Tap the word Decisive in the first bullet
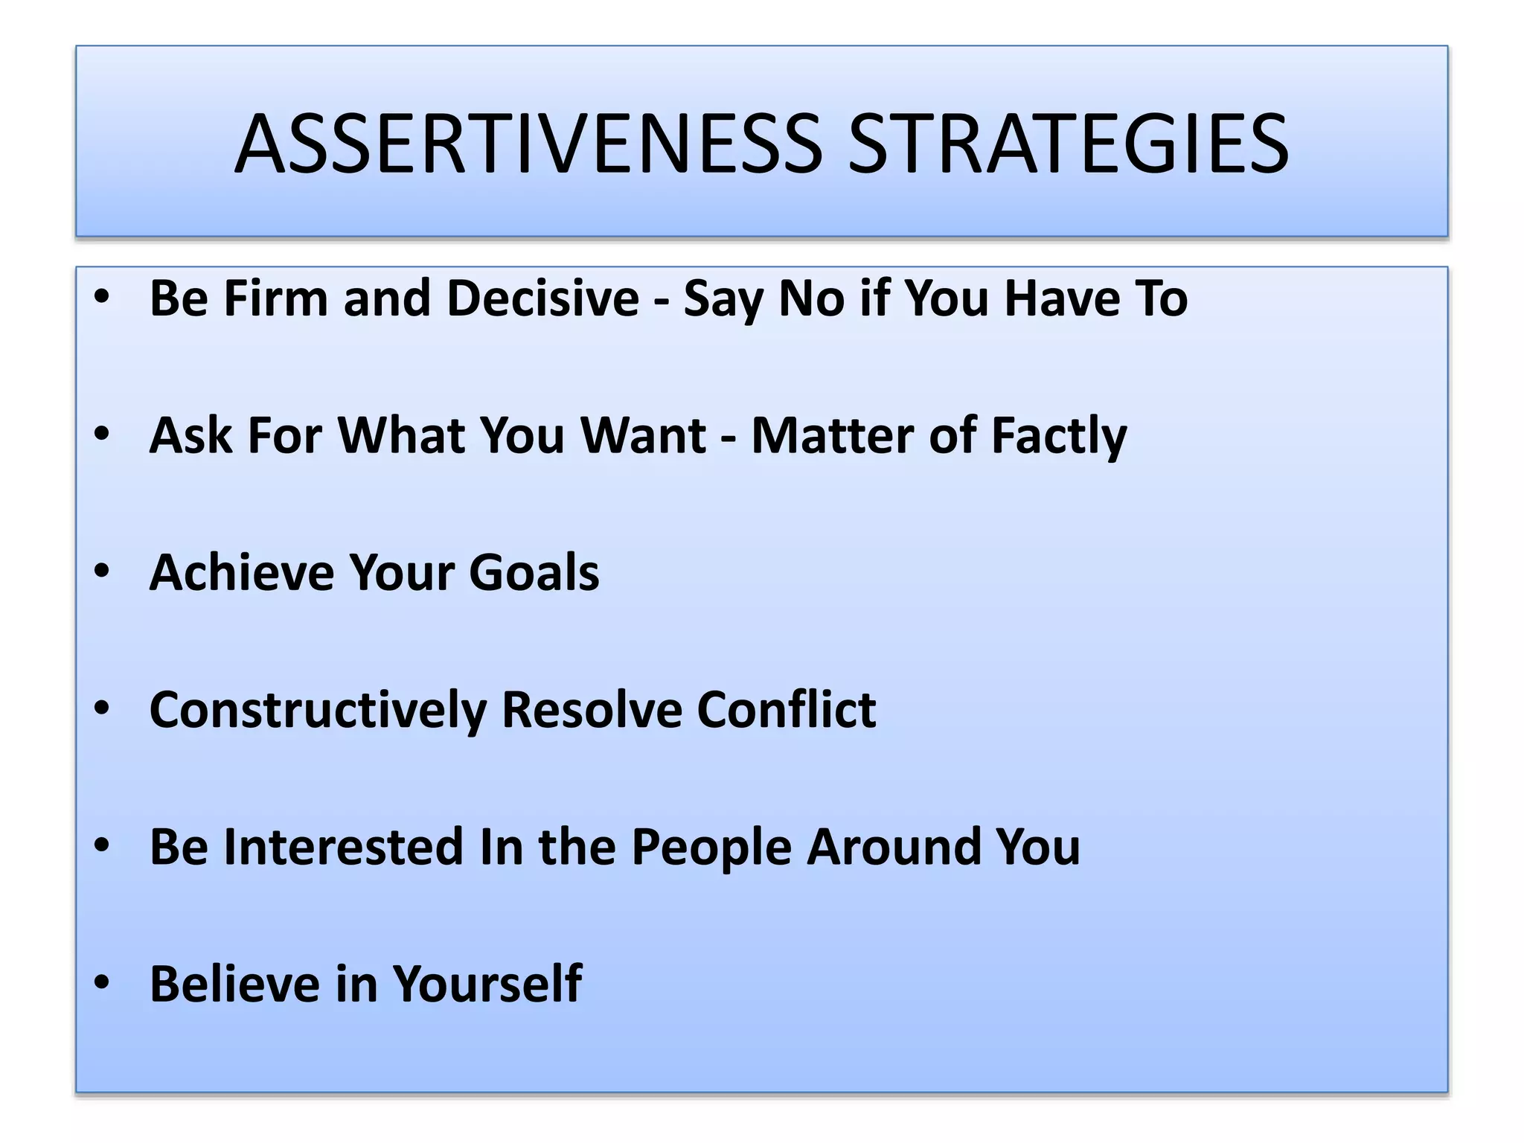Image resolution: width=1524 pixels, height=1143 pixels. [542, 298]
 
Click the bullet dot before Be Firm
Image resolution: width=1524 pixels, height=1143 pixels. [102, 297]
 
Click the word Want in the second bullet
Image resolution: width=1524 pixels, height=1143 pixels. [642, 435]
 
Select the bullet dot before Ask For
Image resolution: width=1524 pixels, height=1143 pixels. [102, 434]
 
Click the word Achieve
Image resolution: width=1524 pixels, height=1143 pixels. [241, 572]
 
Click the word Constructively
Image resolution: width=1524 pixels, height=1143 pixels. [318, 710]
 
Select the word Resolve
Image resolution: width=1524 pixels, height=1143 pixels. [592, 710]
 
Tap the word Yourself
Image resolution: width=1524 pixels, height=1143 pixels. [487, 984]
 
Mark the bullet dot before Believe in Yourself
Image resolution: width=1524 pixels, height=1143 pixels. [102, 982]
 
